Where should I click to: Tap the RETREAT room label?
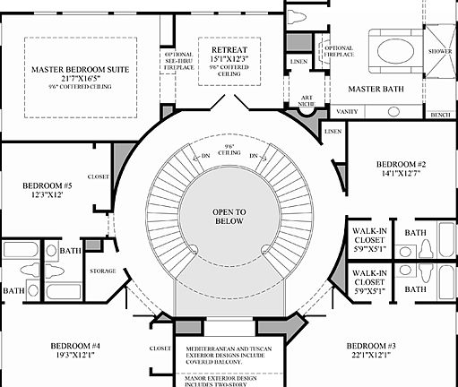click(229, 48)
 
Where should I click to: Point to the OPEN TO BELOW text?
click(229, 218)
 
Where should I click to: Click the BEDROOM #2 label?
click(401, 164)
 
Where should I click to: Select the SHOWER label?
click(440, 51)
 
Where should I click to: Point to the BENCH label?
click(440, 115)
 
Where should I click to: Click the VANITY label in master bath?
click(347, 110)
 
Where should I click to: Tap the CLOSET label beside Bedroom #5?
click(99, 176)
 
